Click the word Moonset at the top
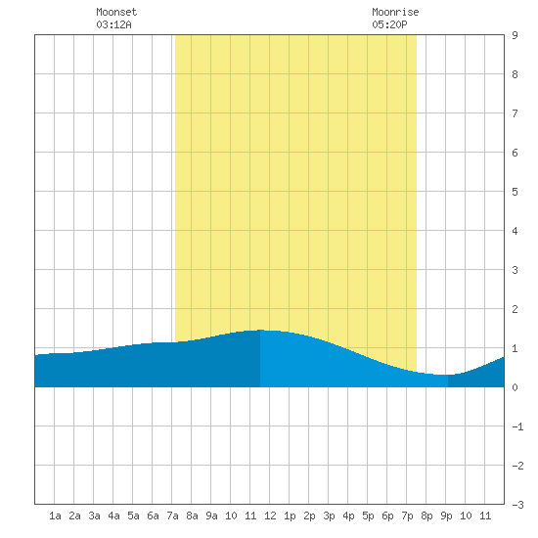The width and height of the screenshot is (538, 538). point(116,12)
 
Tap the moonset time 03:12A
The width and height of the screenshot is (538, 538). point(113,24)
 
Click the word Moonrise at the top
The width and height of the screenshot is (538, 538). point(395,12)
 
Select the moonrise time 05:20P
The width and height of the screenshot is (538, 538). point(389,24)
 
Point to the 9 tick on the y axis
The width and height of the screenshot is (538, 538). point(515,35)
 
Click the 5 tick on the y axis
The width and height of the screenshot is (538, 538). point(515,192)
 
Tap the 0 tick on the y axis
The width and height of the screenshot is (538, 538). point(515,387)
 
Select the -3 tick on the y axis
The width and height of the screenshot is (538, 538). point(517,505)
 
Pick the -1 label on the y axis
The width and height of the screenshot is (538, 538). point(517,426)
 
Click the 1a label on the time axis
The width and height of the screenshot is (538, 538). point(55,516)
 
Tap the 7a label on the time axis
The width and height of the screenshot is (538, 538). point(172,516)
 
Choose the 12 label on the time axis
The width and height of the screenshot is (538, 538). point(270,516)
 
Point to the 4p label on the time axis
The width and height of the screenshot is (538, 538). point(348,516)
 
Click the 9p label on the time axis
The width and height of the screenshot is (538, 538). point(446,516)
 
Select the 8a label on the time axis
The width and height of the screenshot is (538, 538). point(192,516)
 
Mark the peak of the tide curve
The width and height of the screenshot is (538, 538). point(261,330)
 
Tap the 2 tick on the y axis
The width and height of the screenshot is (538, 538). point(515,309)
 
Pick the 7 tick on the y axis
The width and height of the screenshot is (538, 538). point(515,113)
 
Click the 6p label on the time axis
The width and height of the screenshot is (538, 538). point(387,516)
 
